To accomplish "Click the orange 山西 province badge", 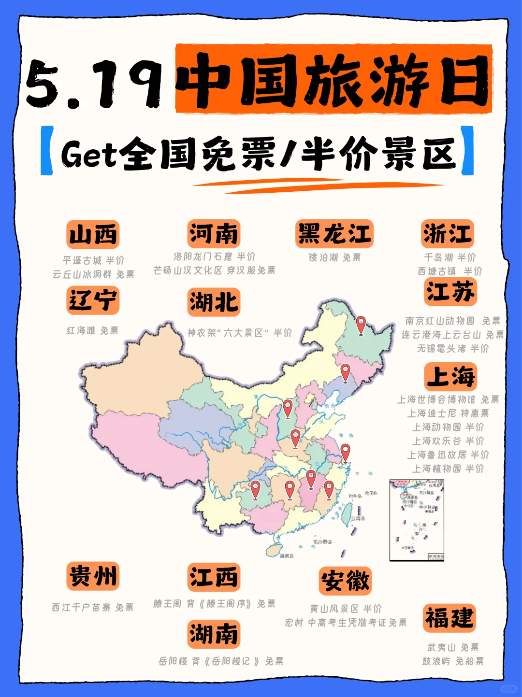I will pos(93,235).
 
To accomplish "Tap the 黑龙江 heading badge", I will pos(334,234).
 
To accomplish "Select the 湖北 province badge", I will pos(214,302).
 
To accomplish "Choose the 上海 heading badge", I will pos(450,376).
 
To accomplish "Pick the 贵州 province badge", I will pos(93,576).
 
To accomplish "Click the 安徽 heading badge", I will pos(345,581).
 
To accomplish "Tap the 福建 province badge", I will pos(449,618).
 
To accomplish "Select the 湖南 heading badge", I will pos(214,634).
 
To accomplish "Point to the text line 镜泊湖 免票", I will pos(334,257).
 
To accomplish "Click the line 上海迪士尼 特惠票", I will pos(448,413).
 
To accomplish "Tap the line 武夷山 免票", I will pos(453,647).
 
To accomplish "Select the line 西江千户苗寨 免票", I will pos(93,607).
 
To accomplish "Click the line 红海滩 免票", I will pos(92,330).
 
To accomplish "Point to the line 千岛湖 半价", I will pos(449,257).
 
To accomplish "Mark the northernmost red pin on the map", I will pos(361,325).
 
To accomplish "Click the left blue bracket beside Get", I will pos(47,150).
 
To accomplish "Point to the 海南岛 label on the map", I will pos(287,556).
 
